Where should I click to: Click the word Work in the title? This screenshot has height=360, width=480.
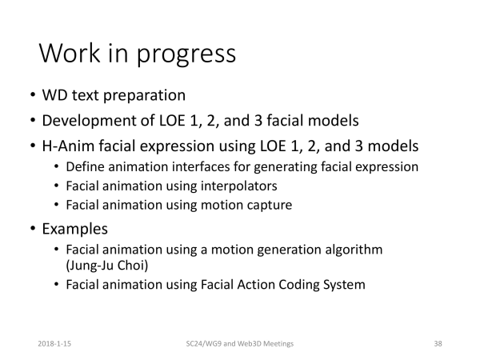tap(70, 53)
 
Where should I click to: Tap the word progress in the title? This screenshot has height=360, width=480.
tap(186, 55)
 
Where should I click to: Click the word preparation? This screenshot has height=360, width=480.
tap(144, 96)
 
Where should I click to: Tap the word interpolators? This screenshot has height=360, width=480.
tap(238, 186)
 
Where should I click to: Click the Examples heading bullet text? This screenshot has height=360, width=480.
tap(74, 230)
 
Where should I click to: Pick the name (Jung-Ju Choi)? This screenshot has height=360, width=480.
tap(107, 266)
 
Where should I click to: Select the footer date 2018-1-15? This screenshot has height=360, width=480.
tap(54, 344)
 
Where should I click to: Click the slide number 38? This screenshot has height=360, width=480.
tap(438, 344)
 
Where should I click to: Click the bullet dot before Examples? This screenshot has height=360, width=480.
tap(33, 229)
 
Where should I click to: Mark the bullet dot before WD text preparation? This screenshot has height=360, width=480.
tap(33, 94)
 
